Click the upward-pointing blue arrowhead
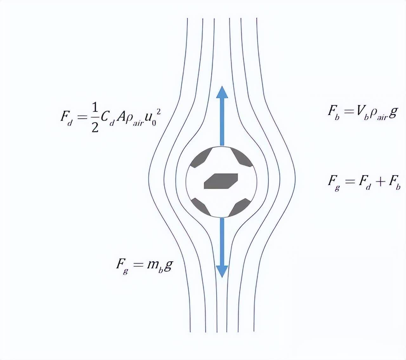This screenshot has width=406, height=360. (222, 92)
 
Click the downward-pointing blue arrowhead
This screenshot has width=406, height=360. (222, 271)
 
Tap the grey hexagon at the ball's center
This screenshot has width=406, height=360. (221, 181)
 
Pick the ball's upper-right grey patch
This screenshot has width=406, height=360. (242, 157)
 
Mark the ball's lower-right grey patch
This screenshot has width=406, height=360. (240, 207)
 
